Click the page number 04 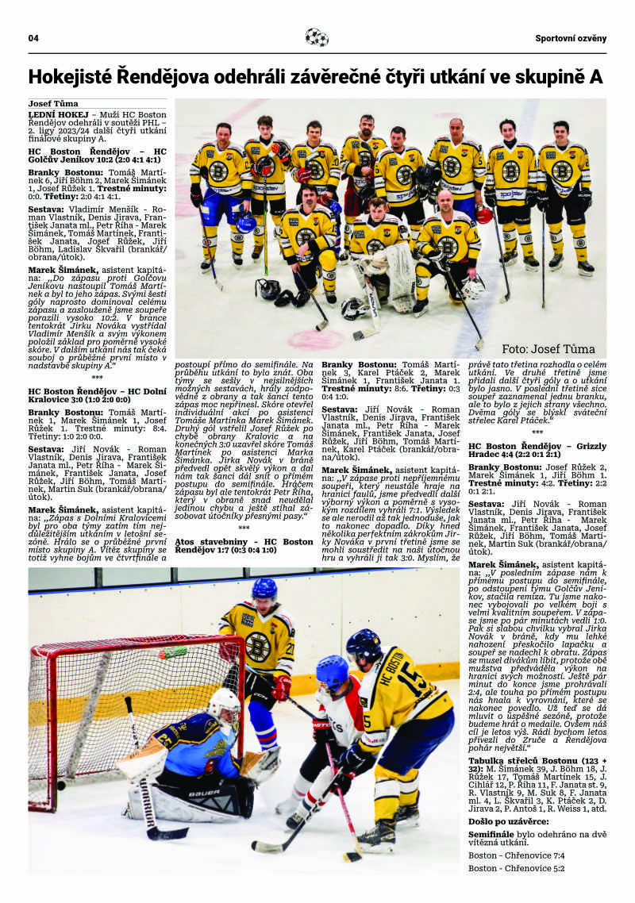click(34, 38)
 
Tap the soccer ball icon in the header click(317, 37)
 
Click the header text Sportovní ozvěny click(570, 38)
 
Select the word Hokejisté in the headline click(69, 77)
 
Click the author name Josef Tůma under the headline click(53, 104)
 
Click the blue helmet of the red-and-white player click(332, 672)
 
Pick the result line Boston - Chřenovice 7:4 click(516, 855)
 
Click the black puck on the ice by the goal click(61, 786)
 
